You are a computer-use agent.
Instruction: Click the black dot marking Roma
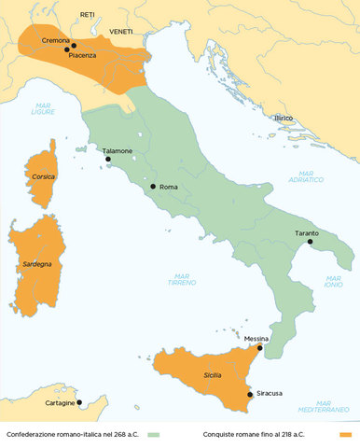[153, 186]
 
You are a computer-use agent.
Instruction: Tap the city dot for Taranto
[311, 243]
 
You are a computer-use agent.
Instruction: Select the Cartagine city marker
[79, 403]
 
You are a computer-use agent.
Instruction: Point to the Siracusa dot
[249, 394]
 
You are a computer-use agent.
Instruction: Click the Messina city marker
[260, 347]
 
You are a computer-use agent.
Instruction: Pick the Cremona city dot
[74, 45]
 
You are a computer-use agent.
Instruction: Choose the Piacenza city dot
[66, 49]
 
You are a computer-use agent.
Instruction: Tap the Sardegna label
[37, 265]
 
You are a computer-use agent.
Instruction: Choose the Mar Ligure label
[43, 109]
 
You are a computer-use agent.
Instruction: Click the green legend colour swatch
[154, 435]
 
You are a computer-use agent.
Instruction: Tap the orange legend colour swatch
[349, 435]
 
